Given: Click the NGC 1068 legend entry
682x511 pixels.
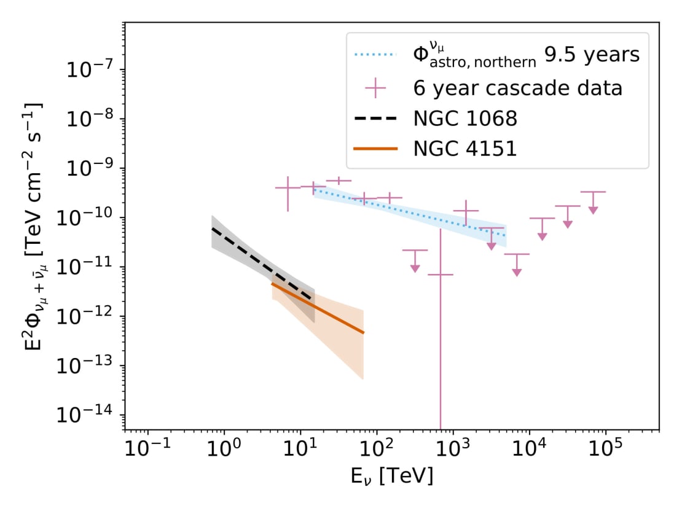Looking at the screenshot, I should [465, 119].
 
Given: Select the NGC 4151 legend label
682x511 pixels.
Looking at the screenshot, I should [465, 148].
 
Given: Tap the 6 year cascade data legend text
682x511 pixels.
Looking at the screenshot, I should [518, 88].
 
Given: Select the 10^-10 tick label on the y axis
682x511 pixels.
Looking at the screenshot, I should [90, 218].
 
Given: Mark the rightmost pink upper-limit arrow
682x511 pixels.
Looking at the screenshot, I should [593, 209].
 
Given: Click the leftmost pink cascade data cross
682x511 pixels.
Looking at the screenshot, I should [288, 188].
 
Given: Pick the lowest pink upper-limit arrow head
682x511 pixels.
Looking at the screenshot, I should [517, 271].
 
